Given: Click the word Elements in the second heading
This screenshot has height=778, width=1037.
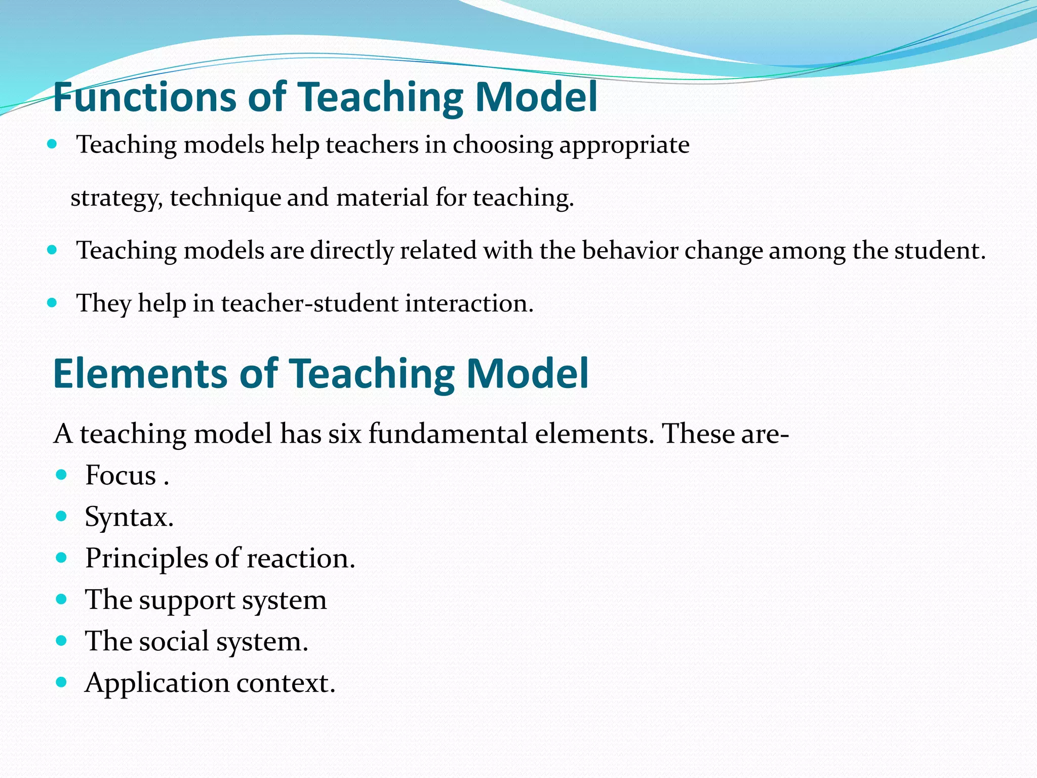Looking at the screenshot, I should [140, 374].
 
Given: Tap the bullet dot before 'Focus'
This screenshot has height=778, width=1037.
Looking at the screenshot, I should [61, 475].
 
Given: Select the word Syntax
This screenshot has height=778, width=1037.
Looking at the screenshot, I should [129, 517].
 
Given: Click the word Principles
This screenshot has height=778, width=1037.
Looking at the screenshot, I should [146, 559].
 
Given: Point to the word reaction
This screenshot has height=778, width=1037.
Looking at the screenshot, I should [301, 559].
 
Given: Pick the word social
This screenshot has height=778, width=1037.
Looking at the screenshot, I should [174, 642].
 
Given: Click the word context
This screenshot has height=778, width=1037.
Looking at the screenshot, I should [286, 683].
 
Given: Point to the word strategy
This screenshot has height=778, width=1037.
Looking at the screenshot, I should [116, 198].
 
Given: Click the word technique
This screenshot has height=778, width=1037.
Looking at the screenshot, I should [225, 198].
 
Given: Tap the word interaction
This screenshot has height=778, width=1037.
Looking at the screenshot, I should [469, 303].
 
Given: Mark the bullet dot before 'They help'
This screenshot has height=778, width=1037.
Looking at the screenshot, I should [52, 303].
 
